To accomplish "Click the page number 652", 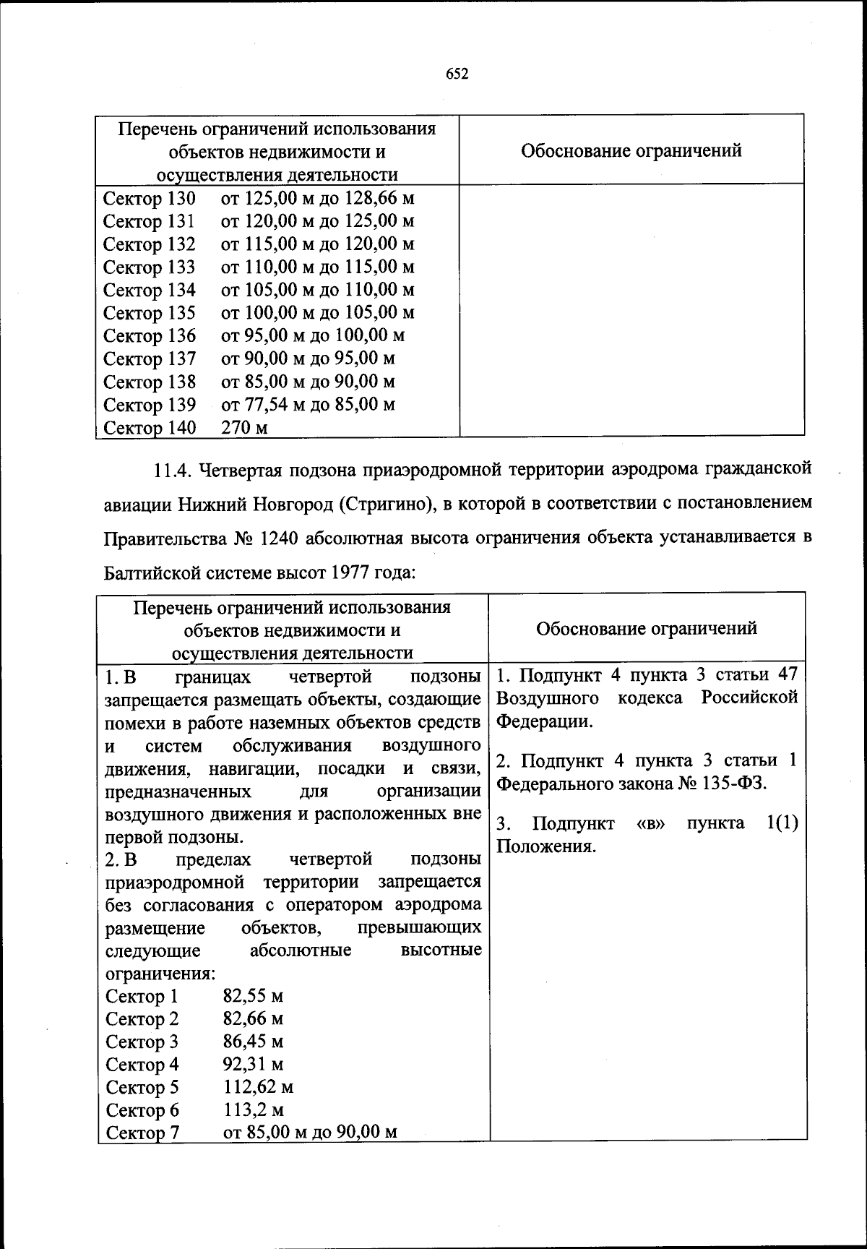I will pos(457,74).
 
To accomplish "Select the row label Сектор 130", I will pos(150,198).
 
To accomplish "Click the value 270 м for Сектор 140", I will pos(244,428).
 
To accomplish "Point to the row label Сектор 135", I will pos(150,313).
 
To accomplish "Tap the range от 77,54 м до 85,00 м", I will pos(308,404).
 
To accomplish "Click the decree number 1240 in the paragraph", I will pos(278,538).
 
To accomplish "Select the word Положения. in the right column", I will pos(545,846).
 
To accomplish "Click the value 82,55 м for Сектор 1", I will pos(253,996).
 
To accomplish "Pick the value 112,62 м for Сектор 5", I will pos(258,1087).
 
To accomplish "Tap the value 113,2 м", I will pos(253,1109).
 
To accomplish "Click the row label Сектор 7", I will pos(142,1133).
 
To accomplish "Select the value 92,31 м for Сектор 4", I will pos(253,1064).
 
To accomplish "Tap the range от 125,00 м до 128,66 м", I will pos(318,198).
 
